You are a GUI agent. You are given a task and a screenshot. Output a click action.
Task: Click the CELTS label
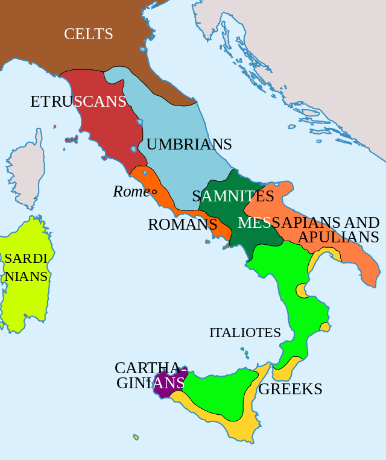[x=89, y=34]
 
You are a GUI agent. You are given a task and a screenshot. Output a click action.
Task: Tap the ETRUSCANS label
[x=78, y=101]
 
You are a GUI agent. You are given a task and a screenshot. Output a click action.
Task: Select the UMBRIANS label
[x=189, y=145]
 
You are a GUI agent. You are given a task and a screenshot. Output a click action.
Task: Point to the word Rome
[x=131, y=192]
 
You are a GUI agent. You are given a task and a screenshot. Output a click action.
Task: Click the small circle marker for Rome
[x=154, y=192]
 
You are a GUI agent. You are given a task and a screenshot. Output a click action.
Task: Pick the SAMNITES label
[x=233, y=196]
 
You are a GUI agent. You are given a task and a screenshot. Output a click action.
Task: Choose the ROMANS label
[x=182, y=225]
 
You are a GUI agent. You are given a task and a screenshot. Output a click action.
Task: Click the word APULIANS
[x=338, y=237]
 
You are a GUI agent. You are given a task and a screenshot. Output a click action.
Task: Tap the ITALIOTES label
[x=245, y=332]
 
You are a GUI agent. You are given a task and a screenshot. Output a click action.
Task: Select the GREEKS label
[x=290, y=389]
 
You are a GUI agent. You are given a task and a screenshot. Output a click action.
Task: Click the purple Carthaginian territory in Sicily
[x=165, y=386]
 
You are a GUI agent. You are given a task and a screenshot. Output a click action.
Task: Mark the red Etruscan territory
[x=106, y=130]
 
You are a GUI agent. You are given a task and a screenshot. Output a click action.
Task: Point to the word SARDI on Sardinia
[x=26, y=259]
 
